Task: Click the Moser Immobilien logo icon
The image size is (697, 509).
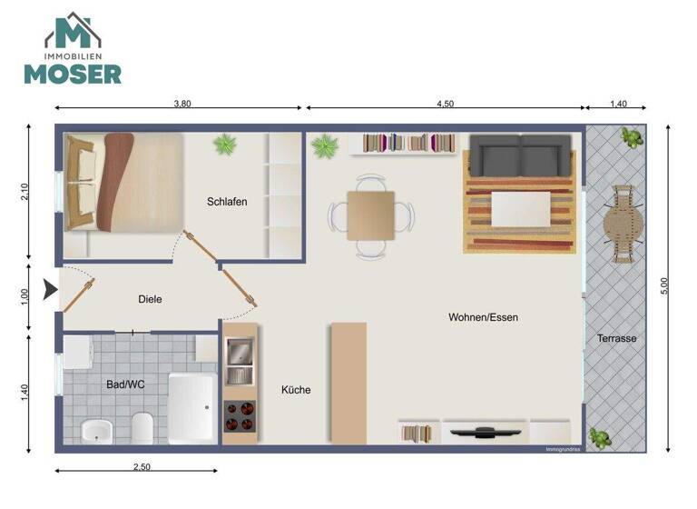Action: (73, 33)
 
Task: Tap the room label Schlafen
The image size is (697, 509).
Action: (227, 202)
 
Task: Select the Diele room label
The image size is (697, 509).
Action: (150, 299)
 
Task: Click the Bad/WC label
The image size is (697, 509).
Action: (125, 384)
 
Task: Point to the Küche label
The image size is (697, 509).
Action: (296, 390)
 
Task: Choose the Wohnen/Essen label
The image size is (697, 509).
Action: (483, 317)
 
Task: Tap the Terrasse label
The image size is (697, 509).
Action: (616, 339)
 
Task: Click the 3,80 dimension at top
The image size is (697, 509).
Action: (182, 104)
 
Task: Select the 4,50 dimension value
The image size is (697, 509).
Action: (445, 104)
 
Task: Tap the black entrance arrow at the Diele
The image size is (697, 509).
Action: (50, 291)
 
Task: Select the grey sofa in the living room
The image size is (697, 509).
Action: (521, 156)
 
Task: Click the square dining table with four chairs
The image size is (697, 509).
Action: (370, 215)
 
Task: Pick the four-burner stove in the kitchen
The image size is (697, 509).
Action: (240, 414)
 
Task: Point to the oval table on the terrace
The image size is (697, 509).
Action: (624, 224)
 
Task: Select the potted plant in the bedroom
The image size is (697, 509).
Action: (224, 144)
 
